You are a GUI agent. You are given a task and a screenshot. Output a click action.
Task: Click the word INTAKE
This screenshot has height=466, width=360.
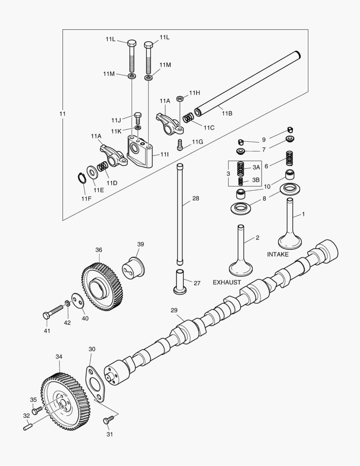tap(278, 255)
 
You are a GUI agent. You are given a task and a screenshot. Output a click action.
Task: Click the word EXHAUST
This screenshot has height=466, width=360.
tap(227, 283)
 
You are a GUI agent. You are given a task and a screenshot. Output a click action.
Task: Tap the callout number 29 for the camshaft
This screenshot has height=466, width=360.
tap(174, 310)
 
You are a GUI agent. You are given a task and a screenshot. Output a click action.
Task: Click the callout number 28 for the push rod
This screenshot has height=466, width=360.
tap(196, 198)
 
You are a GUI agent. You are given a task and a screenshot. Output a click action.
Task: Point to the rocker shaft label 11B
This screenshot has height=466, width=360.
tap(227, 113)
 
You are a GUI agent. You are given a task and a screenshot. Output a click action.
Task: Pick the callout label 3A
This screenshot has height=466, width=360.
tap(256, 167)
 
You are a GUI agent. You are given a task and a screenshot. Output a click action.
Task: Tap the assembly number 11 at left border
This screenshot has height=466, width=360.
tap(63, 114)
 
